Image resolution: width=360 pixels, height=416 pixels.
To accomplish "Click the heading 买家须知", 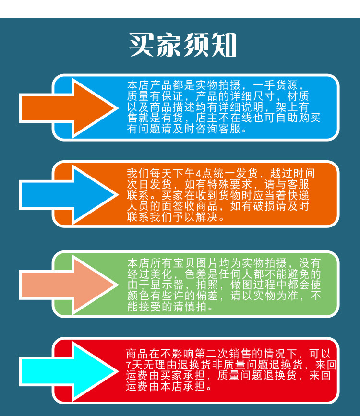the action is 183,45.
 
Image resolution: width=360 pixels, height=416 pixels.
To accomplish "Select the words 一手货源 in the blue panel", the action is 282,86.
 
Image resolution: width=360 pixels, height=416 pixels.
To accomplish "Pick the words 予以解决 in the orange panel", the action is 201,217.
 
